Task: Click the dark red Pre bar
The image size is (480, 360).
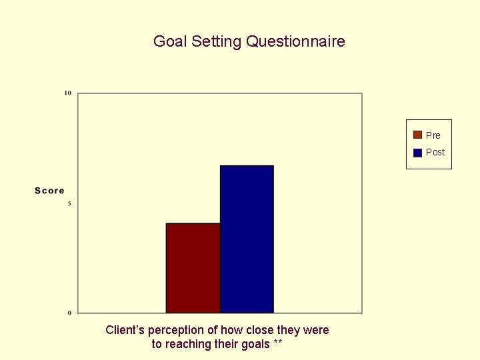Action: coord(193,268)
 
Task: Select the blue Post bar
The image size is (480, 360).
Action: coord(247,239)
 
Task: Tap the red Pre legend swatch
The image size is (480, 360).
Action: coord(417,135)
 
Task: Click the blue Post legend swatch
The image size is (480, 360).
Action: coord(417,152)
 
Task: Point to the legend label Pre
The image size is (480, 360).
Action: coord(433,135)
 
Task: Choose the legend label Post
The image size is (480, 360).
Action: coord(435,152)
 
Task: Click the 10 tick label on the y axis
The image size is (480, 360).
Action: coord(68,93)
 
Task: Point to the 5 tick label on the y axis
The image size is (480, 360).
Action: coord(69,203)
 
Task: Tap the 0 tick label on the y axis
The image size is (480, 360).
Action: coord(69,313)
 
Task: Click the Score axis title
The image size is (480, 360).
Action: coord(50,191)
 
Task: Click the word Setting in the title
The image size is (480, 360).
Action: coord(217,42)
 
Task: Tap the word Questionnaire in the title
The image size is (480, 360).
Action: coord(295,41)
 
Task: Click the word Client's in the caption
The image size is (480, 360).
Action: coord(125,330)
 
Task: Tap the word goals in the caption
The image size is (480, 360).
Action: coord(255,345)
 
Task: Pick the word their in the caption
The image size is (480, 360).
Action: coord(225,344)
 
